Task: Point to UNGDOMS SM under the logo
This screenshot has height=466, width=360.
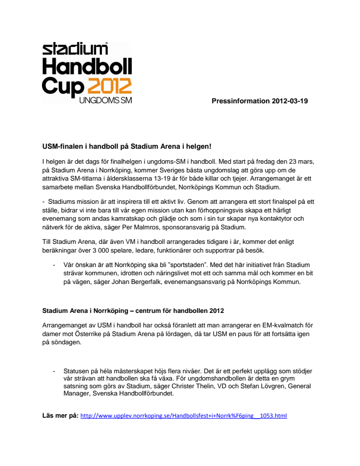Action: click(105, 101)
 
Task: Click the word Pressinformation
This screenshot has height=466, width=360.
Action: click(239, 101)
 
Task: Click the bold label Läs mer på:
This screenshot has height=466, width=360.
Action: click(60, 415)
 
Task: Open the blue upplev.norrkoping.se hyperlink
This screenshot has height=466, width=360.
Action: click(183, 415)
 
